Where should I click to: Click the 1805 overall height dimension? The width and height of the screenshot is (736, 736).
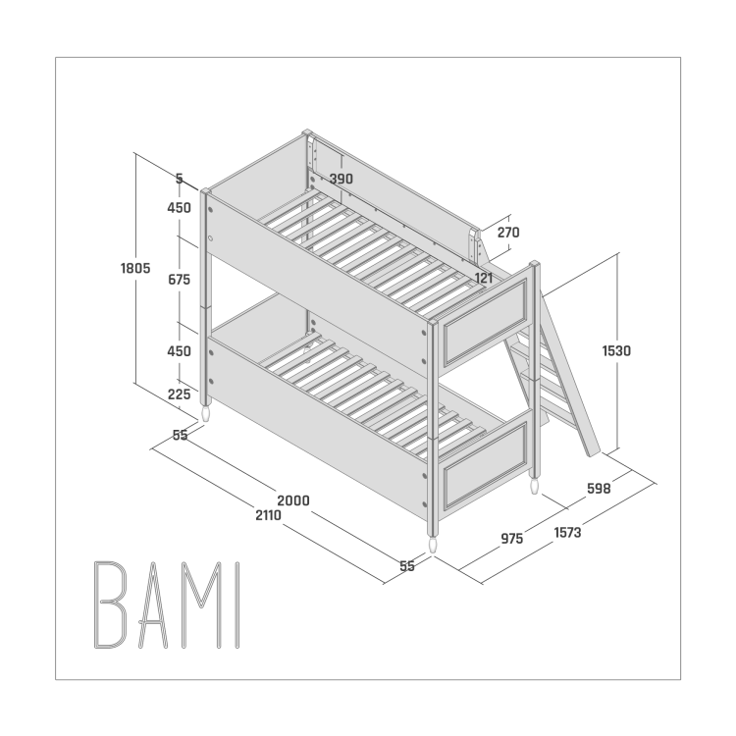[x=135, y=268]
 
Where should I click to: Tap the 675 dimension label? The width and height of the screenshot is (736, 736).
[x=180, y=280]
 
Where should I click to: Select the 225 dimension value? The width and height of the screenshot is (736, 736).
[x=180, y=394]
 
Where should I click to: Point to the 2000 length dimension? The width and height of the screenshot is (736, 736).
[x=293, y=500]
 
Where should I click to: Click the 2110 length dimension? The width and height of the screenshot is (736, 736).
[x=269, y=515]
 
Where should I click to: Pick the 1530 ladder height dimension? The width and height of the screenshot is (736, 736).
[x=617, y=350]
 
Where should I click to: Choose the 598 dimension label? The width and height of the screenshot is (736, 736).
[x=599, y=489]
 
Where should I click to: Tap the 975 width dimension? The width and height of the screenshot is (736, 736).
[x=512, y=539]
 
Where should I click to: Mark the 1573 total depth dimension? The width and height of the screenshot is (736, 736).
[x=567, y=533]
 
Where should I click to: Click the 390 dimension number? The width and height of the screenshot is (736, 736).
[x=342, y=179]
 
